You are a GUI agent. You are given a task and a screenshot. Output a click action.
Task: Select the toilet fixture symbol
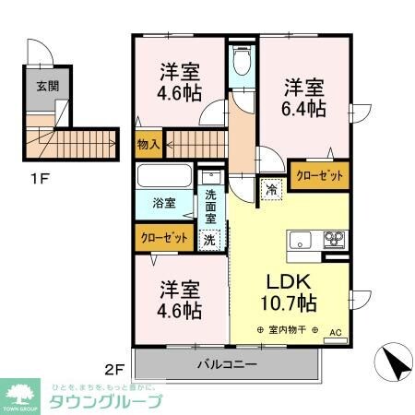coord(243,63)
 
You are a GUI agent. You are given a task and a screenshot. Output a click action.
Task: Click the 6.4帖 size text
coord(304,110)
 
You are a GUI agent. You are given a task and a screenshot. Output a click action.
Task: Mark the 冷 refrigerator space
coord(271,188)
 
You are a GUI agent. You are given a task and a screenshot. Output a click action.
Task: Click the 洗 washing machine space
coord(209,237)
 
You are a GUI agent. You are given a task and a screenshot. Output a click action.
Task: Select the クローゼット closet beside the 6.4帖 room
coord(319,175)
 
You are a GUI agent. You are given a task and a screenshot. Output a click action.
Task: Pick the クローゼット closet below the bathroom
coord(164,237)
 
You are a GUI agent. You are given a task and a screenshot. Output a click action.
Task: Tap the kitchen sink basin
coord(302,242)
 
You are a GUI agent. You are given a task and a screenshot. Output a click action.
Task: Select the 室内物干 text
coord(288,331)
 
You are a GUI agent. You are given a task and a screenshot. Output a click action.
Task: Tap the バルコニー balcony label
coord(226,364)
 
